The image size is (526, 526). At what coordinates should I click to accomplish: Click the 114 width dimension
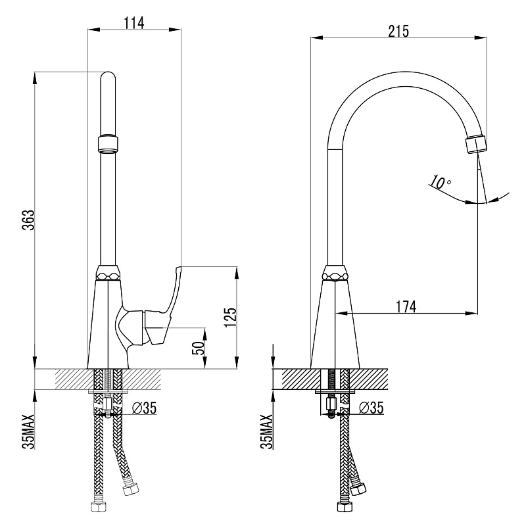coord(134,24)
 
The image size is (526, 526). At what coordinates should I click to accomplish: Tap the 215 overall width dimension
coord(399,31)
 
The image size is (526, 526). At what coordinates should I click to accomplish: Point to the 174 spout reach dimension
coord(406,306)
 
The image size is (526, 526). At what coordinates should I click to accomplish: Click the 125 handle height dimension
coord(231,317)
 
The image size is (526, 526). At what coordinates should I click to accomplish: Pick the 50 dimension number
coord(199,348)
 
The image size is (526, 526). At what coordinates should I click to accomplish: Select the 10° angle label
coord(440,182)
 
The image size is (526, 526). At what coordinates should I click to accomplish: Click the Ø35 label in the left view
coord(144,408)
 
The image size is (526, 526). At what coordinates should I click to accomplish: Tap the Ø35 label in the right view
coord(371,408)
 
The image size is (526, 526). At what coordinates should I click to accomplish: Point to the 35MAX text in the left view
coord(28,431)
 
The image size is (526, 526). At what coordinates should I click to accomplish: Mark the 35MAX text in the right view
coord(267,431)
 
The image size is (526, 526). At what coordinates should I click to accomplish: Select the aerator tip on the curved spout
coord(476,144)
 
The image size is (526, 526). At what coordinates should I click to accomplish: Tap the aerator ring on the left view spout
coord(108,143)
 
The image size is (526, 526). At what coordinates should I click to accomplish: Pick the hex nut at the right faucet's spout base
coord(335,272)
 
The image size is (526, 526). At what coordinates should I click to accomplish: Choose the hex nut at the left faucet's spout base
coord(108,272)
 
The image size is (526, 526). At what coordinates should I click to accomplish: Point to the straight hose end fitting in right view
coord(345,506)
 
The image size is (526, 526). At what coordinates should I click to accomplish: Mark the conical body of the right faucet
coord(335,324)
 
